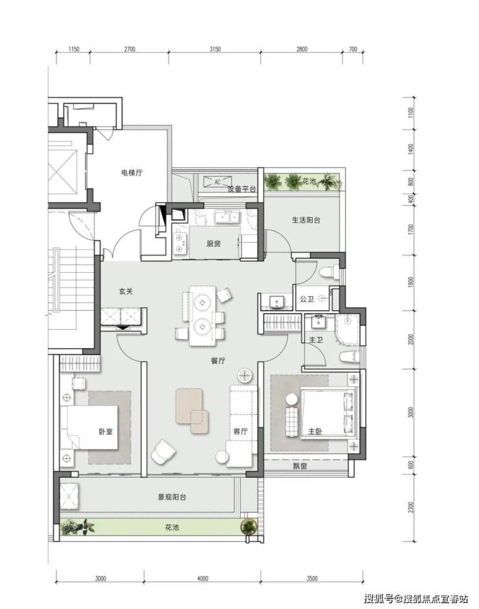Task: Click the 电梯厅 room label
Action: coord(131,173)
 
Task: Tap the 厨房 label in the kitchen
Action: coord(214,244)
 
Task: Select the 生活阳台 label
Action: coord(306,220)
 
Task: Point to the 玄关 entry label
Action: coord(126,291)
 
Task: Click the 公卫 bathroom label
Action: coord(307,299)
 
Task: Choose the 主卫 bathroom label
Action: coord(316,340)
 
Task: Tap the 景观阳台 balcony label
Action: coord(172,497)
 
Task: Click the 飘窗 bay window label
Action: coord(300,466)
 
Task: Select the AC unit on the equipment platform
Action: coord(217,182)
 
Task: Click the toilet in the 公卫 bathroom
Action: coord(328,272)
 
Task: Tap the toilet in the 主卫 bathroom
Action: coord(349,356)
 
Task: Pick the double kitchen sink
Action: coord(227,217)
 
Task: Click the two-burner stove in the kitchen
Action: coord(179,243)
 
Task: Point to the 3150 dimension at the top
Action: coord(215,49)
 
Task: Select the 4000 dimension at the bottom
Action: coord(203,579)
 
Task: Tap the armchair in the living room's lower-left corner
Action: coord(163,452)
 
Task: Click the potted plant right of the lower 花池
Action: coord(249,527)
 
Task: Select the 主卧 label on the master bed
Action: coord(315,431)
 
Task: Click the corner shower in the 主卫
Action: coord(348,329)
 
